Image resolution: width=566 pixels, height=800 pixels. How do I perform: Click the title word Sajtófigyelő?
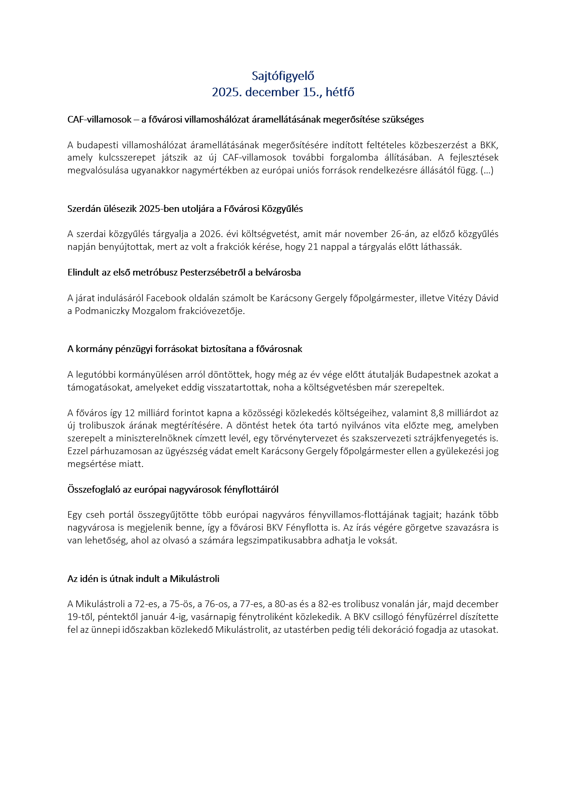pos(283,76)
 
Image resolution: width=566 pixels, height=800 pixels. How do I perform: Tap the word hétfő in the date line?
pos(340,92)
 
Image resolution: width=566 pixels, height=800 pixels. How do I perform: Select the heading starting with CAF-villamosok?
pos(245,120)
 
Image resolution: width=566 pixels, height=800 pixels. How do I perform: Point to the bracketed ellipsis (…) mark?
pos(487,171)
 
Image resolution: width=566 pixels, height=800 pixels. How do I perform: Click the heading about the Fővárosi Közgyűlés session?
pos(185,209)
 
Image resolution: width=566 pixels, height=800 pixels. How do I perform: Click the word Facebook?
pos(166,298)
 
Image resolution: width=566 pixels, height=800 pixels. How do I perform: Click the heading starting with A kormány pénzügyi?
pos(184,349)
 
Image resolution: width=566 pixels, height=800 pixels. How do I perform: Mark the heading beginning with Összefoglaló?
pos(173,489)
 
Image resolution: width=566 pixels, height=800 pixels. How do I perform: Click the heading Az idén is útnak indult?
pos(143,579)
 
